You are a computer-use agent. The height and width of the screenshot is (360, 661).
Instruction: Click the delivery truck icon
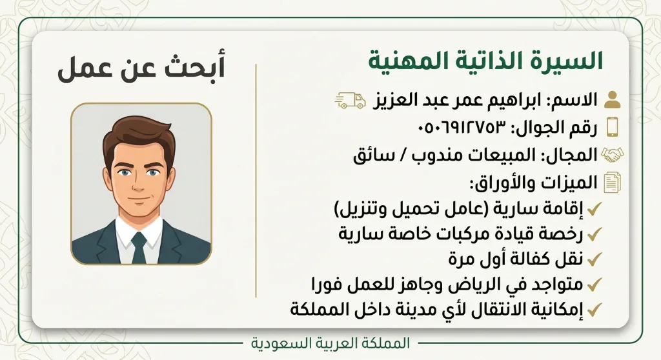point(351,101)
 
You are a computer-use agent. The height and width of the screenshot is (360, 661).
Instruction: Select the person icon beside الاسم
point(612,100)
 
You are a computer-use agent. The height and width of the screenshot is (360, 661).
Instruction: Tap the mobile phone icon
point(613,127)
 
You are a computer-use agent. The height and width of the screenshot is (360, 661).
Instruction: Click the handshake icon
point(612,155)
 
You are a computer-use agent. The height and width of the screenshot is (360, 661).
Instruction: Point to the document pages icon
point(612,183)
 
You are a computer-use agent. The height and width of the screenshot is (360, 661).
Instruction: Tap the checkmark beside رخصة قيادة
point(594,234)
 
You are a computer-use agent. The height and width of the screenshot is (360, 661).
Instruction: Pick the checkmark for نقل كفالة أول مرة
point(594,259)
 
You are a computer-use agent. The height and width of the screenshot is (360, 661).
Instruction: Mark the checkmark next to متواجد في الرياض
point(594,285)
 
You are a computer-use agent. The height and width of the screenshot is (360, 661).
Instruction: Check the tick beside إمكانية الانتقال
point(594,310)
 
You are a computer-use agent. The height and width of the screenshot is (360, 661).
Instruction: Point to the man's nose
point(139,183)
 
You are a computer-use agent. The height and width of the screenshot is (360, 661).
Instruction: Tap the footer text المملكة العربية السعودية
point(330,343)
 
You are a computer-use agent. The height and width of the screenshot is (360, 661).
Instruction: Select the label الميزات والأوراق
point(534,183)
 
